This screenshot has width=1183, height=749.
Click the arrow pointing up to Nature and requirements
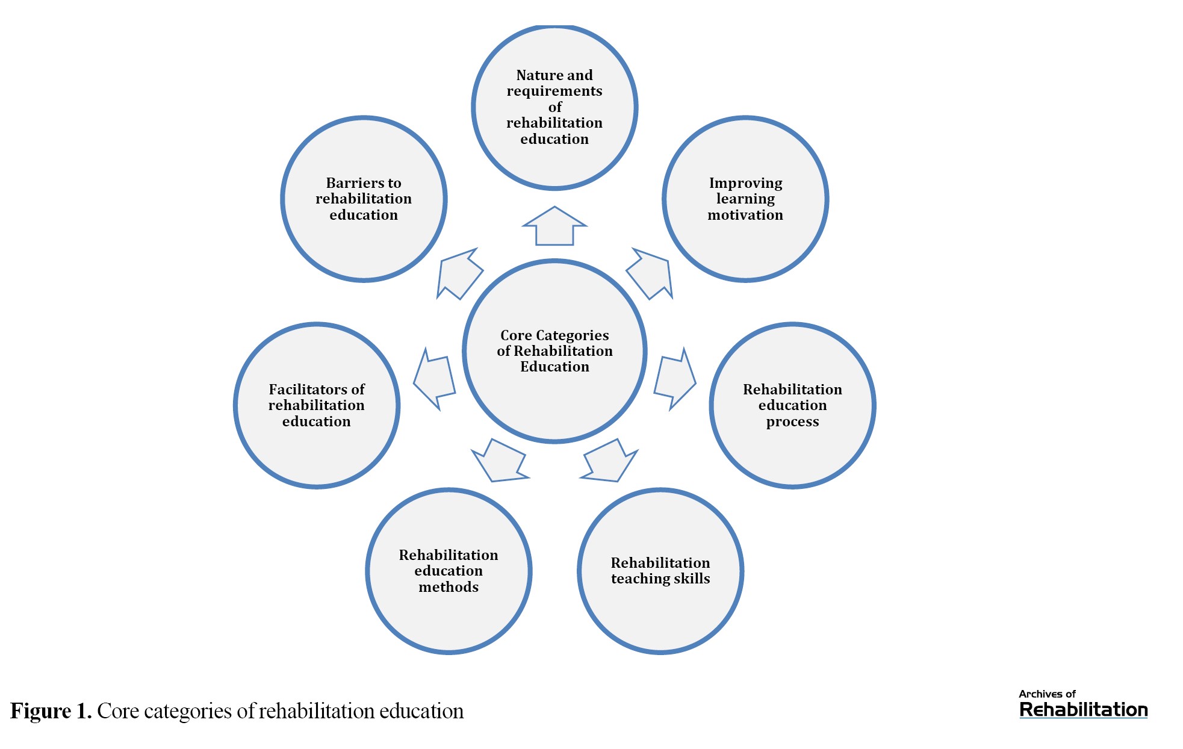click(554, 227)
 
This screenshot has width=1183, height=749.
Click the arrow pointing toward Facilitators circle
click(433, 379)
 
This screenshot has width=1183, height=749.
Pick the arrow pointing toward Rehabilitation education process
click(675, 379)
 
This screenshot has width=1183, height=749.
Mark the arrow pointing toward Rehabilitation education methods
click(500, 461)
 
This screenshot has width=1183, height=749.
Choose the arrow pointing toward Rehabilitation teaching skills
click(609, 461)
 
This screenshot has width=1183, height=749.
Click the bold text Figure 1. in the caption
click(51, 711)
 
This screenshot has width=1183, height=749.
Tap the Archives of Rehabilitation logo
click(1083, 704)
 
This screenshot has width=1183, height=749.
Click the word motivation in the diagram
click(745, 215)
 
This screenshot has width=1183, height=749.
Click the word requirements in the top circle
click(554, 91)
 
